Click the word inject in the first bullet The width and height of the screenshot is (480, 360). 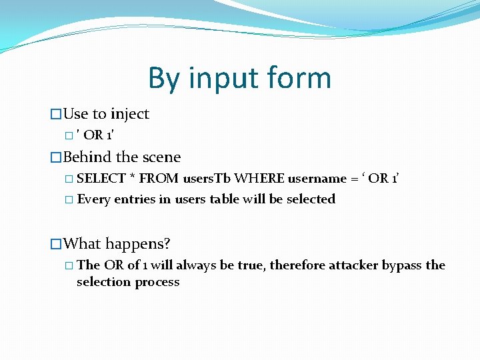tap(130, 114)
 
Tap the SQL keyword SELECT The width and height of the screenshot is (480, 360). tap(101, 179)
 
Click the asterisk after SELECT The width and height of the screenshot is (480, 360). tap(133, 179)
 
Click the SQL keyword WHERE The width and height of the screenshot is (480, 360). tap(259, 179)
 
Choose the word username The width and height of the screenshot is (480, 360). tap(315, 179)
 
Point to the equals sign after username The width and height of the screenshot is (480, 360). tap(354, 179)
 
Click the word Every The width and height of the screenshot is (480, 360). tap(94, 199)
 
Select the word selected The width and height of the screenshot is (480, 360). tap(311, 199)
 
